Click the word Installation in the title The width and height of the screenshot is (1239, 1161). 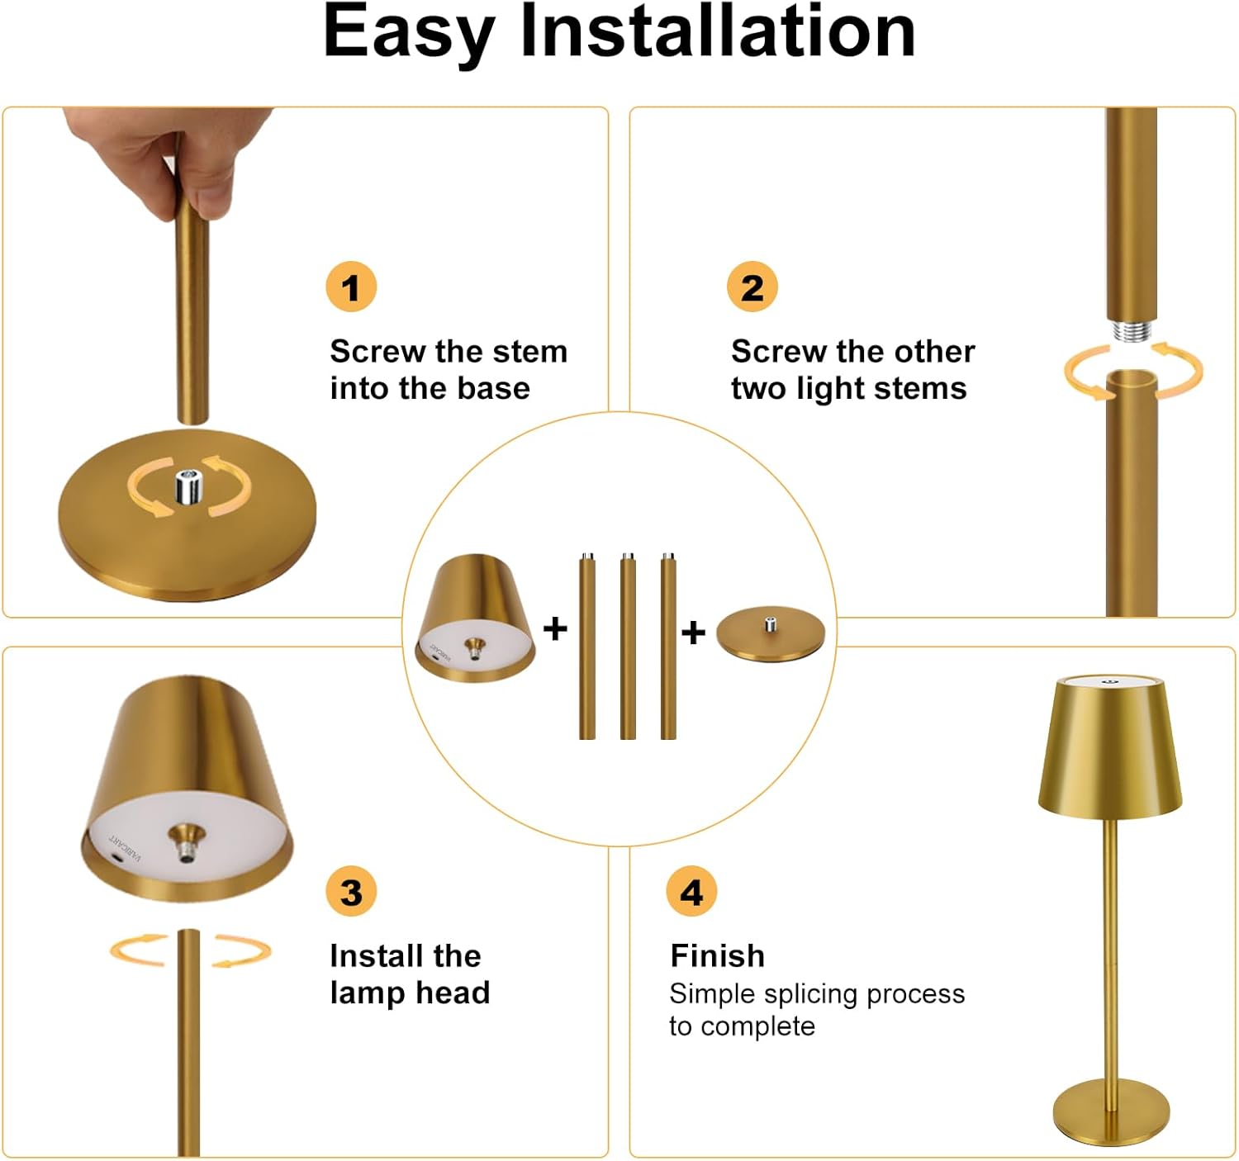coord(718,31)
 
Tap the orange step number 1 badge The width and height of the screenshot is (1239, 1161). coord(351,287)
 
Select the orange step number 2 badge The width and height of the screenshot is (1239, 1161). coord(752,287)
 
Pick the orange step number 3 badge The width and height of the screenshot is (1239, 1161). coord(351,892)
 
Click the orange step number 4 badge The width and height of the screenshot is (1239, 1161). coord(691,892)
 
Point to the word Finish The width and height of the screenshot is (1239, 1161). coord(718,955)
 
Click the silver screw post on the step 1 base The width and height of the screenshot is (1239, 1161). coord(189,486)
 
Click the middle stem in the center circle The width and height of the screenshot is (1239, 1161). coord(628,646)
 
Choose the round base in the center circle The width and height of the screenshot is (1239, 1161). coord(771,633)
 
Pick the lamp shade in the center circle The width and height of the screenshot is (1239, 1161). coord(475,618)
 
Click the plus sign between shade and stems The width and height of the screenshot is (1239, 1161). coord(555,628)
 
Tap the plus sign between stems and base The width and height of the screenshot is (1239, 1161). coord(693,633)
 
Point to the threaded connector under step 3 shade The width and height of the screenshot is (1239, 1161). coord(186,841)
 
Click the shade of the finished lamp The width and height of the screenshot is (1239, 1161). coord(1110,746)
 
